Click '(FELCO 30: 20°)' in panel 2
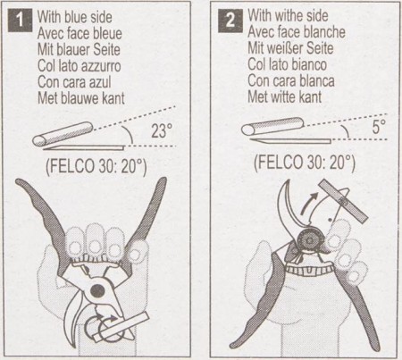tap(304, 164)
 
